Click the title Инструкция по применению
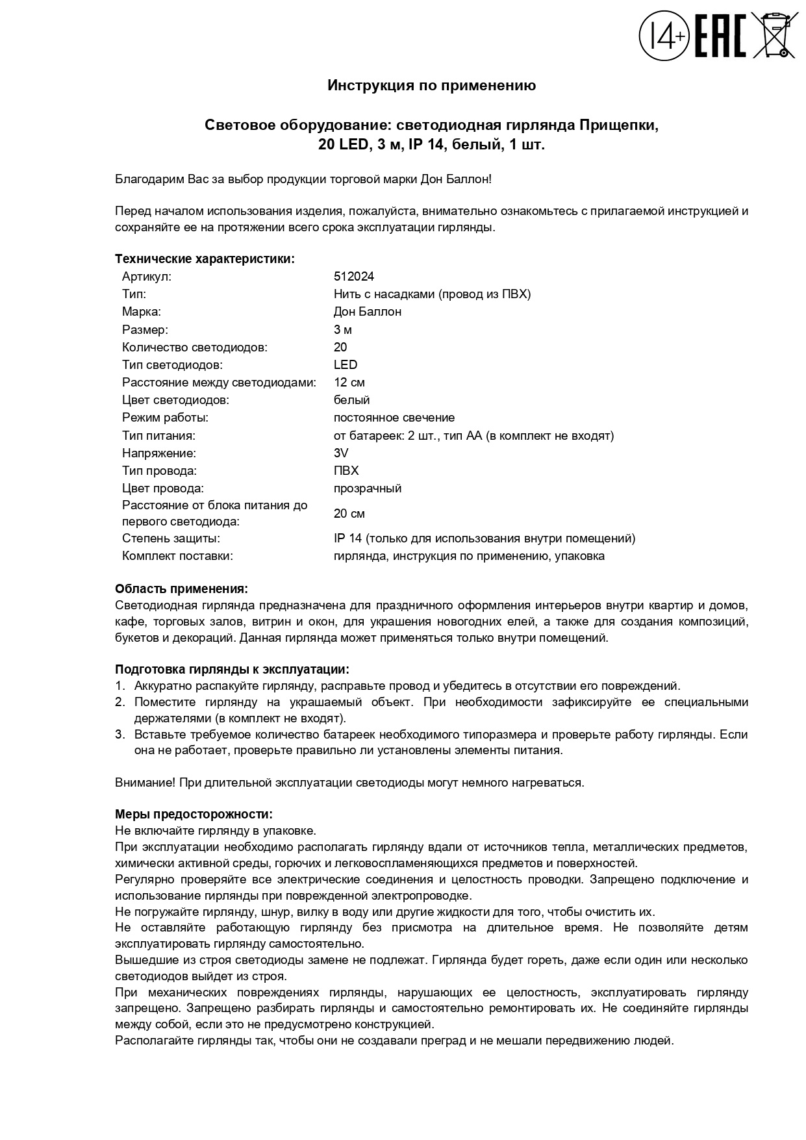(x=431, y=85)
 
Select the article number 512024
(x=353, y=277)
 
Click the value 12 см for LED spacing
(x=349, y=383)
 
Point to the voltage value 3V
(x=341, y=453)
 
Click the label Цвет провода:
(x=162, y=488)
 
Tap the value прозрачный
(x=367, y=488)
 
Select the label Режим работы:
(x=165, y=418)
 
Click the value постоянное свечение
(x=394, y=418)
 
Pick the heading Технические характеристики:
(x=205, y=259)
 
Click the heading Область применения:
(x=181, y=589)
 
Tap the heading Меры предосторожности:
(x=194, y=815)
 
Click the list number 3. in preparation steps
(x=120, y=735)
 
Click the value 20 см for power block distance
(x=349, y=514)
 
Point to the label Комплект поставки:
(x=177, y=556)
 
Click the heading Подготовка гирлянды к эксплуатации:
(x=231, y=670)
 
